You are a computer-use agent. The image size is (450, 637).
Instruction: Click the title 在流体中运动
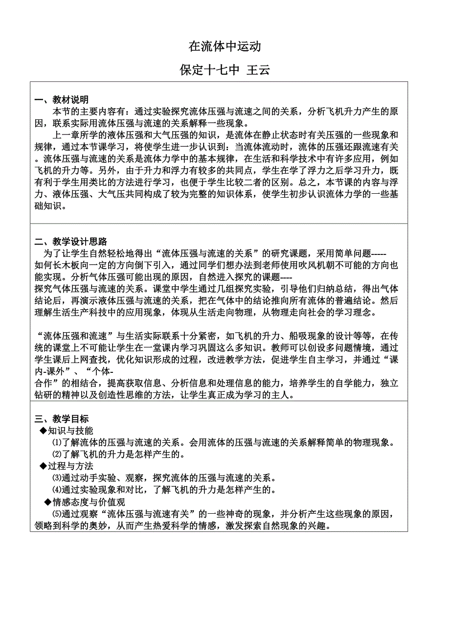point(225,47)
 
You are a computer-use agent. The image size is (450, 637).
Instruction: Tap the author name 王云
point(258,70)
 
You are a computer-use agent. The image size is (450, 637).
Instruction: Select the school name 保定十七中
point(209,70)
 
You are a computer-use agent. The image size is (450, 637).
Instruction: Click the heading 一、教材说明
point(62,100)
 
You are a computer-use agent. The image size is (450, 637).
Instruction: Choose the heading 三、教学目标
point(62,419)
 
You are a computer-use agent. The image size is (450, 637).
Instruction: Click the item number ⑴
point(56,443)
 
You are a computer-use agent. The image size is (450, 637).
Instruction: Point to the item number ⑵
point(56,455)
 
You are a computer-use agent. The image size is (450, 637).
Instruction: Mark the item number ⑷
point(56,490)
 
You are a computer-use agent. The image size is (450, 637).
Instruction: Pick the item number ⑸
point(56,514)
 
